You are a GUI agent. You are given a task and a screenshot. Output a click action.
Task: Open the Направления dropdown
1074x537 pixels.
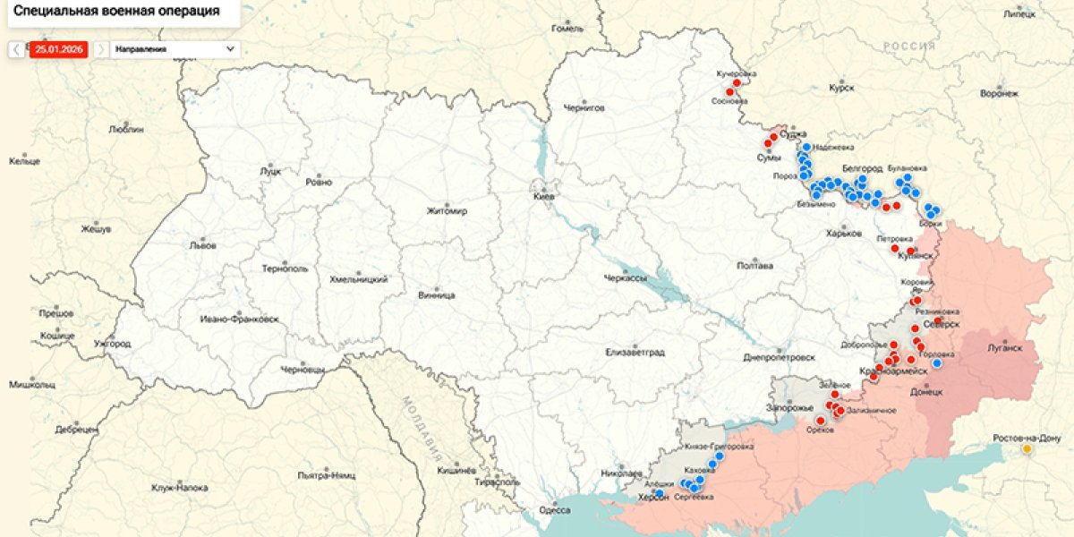[x=175, y=49]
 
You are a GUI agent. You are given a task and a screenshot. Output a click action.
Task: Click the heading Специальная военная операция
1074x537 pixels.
[x=117, y=12]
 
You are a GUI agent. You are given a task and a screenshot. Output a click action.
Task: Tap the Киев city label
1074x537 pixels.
[x=545, y=196]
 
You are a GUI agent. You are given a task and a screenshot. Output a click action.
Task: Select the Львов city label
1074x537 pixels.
[x=197, y=244]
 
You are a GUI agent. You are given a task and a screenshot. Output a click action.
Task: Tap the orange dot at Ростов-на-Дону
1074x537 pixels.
[x=1027, y=449]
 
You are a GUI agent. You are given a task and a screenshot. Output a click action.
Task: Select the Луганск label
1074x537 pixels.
[x=1003, y=348]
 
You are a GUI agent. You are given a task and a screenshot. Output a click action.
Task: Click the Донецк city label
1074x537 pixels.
[x=926, y=392]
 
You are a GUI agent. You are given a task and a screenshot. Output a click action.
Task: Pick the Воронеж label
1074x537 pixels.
[x=999, y=93]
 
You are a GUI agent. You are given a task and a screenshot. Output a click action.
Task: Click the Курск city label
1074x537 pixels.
[x=841, y=88]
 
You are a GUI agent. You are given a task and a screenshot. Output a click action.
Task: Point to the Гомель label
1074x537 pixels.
[x=567, y=29]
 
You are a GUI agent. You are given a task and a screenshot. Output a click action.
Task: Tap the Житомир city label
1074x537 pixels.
[x=447, y=211]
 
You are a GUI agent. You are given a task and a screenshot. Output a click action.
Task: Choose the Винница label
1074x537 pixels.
[x=437, y=295]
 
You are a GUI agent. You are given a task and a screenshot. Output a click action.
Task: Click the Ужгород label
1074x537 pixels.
[x=112, y=344]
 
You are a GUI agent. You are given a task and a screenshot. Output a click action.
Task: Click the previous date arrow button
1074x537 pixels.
[x=17, y=49]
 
